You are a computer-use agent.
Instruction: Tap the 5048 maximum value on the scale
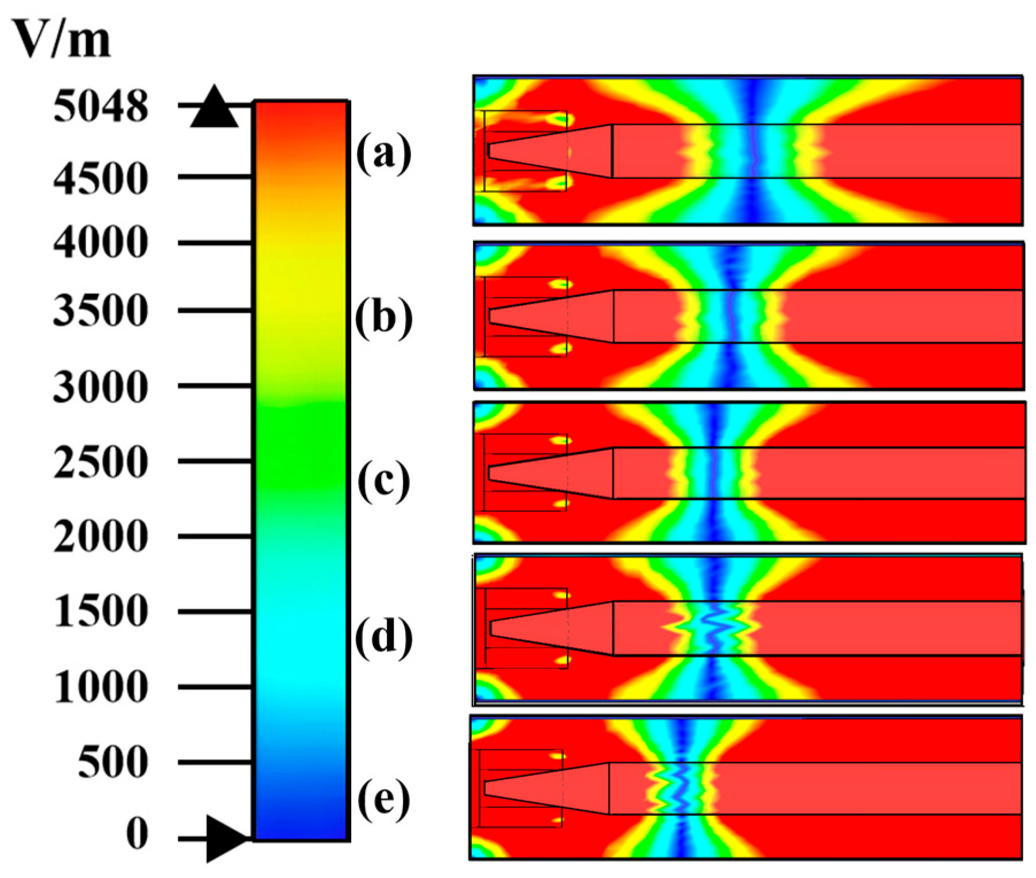[100, 107]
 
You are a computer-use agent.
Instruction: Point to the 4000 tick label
[100, 243]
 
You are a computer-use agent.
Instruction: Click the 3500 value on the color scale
[100, 311]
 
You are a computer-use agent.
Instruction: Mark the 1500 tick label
[100, 611]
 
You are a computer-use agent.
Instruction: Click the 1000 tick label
[100, 687]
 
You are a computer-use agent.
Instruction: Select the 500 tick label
[112, 763]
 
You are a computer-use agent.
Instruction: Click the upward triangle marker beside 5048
[214, 108]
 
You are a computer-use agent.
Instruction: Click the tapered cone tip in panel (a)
[489, 150]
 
